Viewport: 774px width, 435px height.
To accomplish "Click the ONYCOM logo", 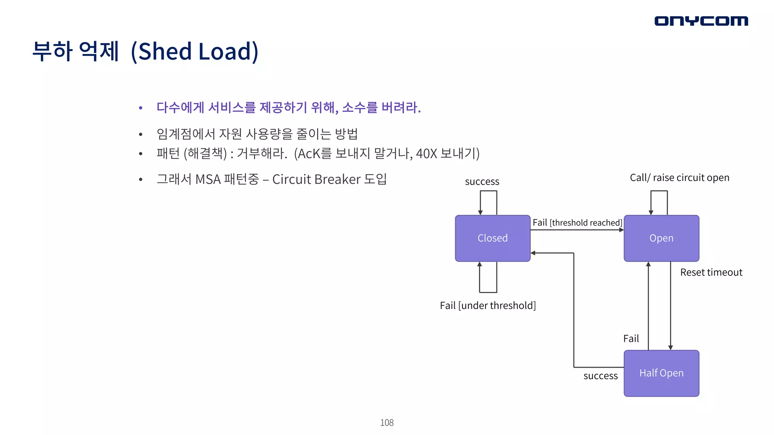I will pos(701,21).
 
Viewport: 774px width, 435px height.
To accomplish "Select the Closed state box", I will pos(492,238).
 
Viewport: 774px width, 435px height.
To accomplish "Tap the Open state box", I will pos(661,238).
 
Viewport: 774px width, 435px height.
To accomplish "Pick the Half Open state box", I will pos(661,373).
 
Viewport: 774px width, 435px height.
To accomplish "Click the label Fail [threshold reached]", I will pos(577,223).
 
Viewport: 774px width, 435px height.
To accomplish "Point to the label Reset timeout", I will pos(711,272).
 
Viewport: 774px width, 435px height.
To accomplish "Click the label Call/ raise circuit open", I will pos(680,177).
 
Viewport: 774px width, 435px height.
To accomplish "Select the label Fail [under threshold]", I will pos(488,305).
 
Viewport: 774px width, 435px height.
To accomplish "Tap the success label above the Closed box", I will pos(482,182).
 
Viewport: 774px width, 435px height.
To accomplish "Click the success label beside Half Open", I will pos(601,376).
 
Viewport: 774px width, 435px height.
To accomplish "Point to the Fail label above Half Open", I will pos(631,339).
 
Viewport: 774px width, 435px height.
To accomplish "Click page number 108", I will pos(387,423).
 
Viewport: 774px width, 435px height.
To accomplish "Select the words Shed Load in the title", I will pos(194,51).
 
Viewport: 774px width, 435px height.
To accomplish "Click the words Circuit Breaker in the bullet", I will pos(316,179).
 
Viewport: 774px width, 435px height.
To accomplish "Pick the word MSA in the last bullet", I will pos(208,179).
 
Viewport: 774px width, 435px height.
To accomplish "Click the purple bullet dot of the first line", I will pos(141,108).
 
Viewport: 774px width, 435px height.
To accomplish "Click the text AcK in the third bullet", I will pos(309,154).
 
